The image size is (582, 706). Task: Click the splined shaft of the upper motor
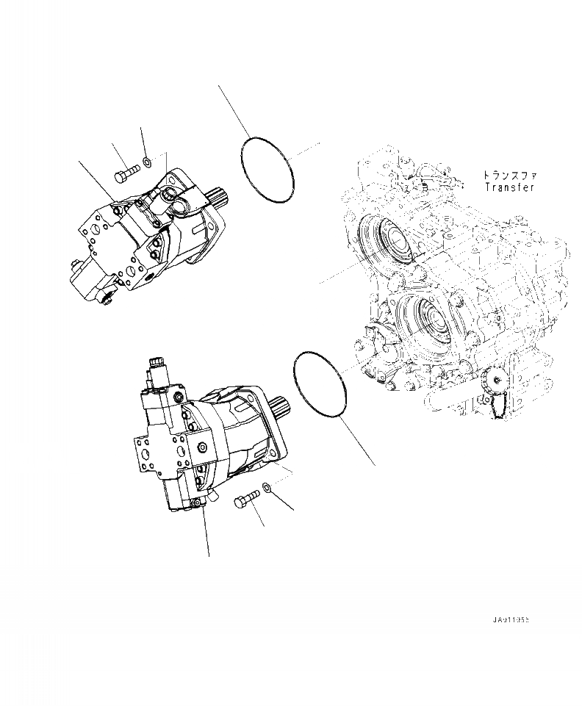220,197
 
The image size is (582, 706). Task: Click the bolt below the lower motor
245,503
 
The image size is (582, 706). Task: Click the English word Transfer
510,188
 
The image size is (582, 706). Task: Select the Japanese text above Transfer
510,176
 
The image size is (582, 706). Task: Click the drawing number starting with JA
511,620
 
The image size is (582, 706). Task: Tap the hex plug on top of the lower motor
157,361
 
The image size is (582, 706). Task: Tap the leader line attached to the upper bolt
117,155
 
